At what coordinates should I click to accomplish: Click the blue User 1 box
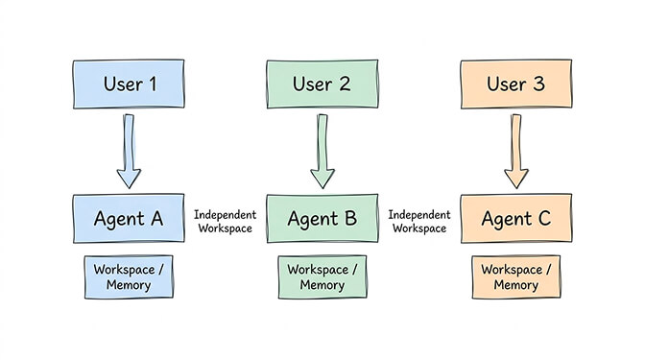click(128, 84)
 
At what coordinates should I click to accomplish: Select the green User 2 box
click(322, 84)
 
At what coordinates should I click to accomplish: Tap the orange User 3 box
click(515, 84)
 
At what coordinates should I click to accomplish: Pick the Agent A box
click(128, 219)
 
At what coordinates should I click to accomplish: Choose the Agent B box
click(322, 219)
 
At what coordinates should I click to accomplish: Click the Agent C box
click(515, 219)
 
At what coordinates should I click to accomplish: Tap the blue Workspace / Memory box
click(128, 277)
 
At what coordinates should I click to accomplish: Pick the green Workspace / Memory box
click(322, 277)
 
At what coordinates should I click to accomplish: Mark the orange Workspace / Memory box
click(515, 277)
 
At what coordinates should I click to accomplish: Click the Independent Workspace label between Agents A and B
click(224, 221)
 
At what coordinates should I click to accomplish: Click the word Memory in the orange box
click(515, 285)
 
